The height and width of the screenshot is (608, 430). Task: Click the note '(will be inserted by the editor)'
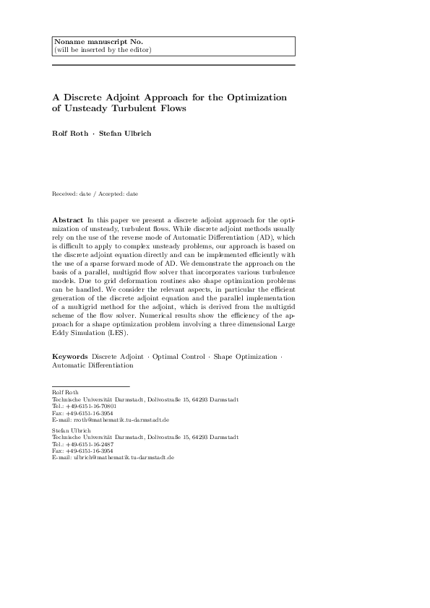(x=103, y=50)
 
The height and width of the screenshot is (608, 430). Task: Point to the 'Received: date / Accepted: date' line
(x=95, y=194)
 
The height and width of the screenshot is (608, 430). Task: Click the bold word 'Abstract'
(x=68, y=218)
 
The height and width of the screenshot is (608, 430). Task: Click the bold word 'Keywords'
(x=69, y=357)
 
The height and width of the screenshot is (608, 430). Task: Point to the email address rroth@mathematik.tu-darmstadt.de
(x=108, y=419)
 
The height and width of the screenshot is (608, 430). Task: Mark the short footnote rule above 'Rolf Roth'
(x=91, y=387)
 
